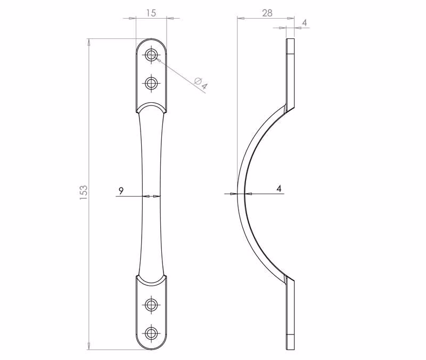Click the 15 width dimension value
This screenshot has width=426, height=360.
[151, 13]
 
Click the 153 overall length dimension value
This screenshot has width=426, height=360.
[84, 193]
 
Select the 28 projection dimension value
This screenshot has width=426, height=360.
[267, 13]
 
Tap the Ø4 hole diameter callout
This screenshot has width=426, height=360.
[201, 83]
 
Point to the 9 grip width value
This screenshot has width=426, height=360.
[121, 191]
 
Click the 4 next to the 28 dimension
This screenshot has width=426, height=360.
[305, 22]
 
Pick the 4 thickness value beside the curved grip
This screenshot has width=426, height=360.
[279, 189]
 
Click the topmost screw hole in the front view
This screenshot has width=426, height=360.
[151, 55]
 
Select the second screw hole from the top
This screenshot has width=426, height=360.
[151, 83]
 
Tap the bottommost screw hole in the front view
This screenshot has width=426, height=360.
[151, 333]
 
